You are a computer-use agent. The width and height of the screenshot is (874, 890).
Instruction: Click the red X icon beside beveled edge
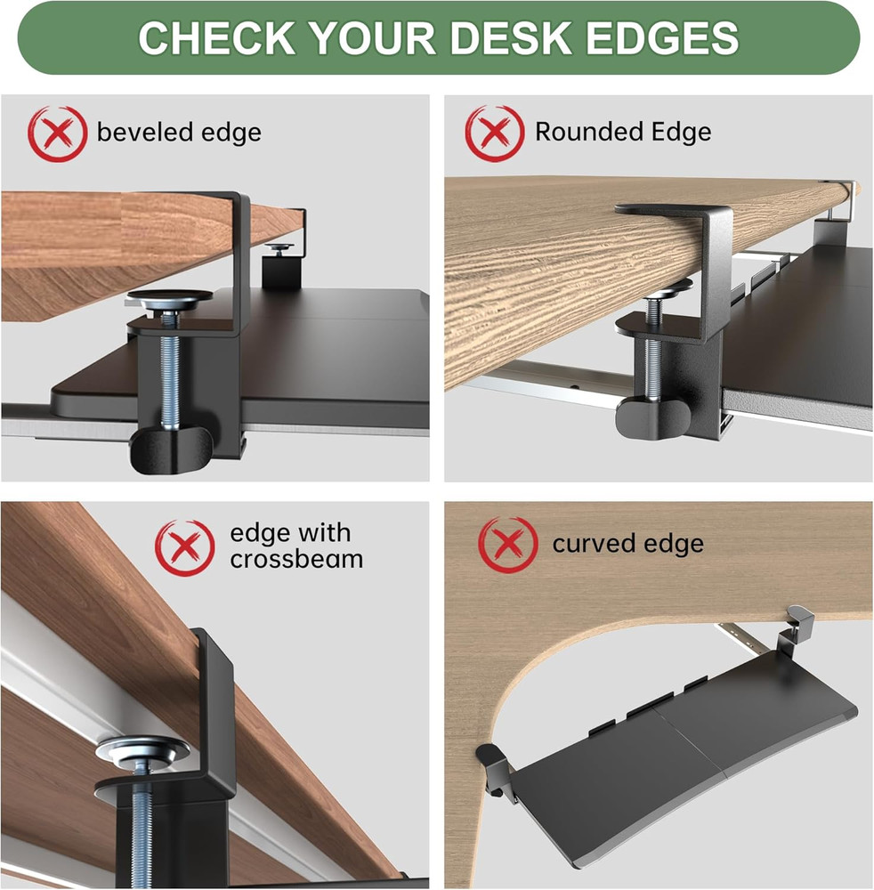[57, 133]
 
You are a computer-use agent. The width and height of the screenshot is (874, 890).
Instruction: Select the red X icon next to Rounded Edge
[495, 133]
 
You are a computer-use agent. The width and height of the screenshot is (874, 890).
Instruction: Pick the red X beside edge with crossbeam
[185, 547]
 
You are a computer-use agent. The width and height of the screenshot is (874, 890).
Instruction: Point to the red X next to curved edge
[508, 544]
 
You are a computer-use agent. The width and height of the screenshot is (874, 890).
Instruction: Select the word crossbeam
[296, 559]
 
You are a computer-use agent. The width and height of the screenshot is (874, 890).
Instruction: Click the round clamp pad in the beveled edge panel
[168, 300]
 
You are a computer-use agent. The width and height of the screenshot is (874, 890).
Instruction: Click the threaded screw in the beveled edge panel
[169, 374]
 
